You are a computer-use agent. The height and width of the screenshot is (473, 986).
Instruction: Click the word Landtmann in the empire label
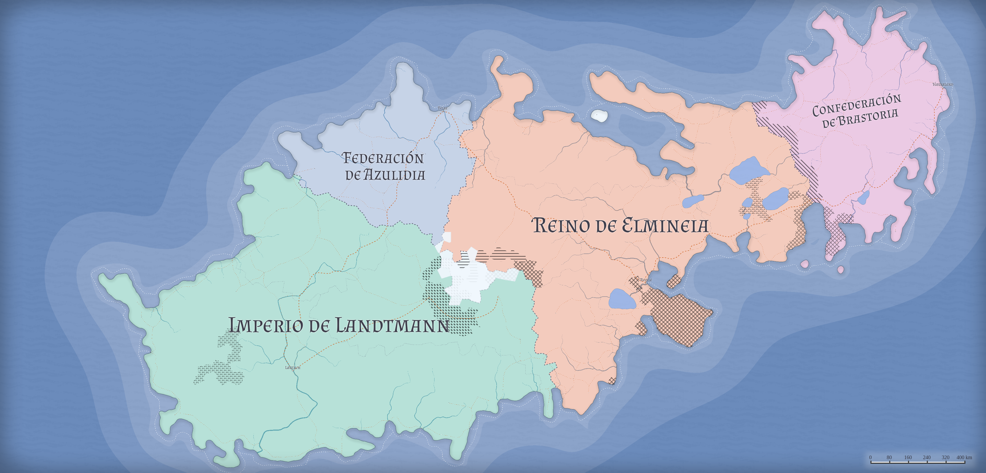coord(392,326)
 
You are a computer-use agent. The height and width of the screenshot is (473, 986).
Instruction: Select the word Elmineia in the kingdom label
coord(665,225)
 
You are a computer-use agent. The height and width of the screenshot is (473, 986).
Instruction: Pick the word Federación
coord(383,158)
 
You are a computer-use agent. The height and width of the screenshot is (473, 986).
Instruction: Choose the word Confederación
coord(857,105)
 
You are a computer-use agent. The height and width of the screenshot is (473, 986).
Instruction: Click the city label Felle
coord(442,108)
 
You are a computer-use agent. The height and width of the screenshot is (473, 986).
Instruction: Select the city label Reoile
coord(646,280)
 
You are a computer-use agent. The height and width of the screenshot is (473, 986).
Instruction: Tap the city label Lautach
coord(293,368)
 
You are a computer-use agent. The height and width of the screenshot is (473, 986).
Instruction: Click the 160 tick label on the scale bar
coord(908,457)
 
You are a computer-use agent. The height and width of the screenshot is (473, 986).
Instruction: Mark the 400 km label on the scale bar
coord(964,457)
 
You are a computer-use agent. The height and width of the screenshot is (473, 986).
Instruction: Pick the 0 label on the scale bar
coord(870,457)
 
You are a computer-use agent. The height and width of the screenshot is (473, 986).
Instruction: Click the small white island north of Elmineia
coord(599,115)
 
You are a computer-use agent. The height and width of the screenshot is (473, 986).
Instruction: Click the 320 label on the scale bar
coord(945,457)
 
